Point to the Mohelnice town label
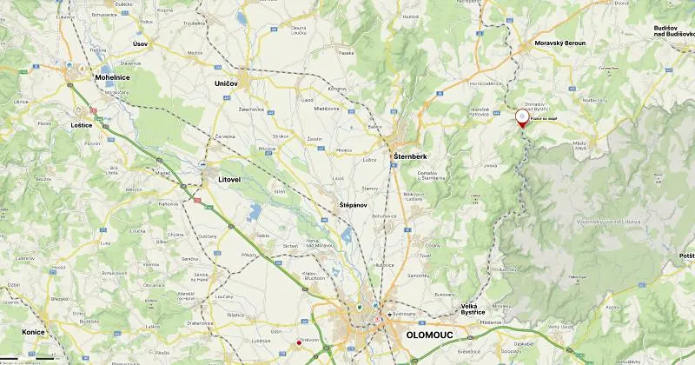[x=112, y=76]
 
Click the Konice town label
[x=33, y=332]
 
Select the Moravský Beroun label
[x=559, y=42]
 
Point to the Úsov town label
[x=140, y=43]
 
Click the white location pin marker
[x=522, y=116]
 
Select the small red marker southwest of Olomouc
[x=299, y=342]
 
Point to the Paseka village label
[x=347, y=53]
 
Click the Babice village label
[x=375, y=127]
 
